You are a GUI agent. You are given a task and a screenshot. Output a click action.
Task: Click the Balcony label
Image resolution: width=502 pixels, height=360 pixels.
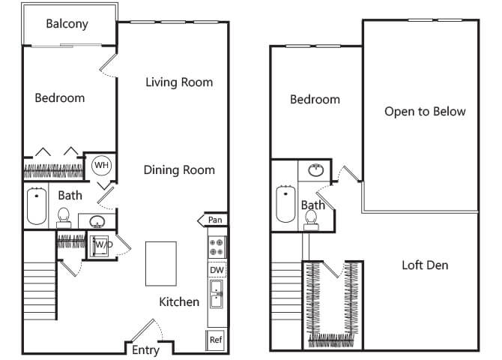point(67,24)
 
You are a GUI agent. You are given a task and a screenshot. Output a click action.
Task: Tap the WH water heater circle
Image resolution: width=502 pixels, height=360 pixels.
point(101,166)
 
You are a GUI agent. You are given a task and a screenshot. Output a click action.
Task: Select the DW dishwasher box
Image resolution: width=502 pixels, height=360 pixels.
point(217,270)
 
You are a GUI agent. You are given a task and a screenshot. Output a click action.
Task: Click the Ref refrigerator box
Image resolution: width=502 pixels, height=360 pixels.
point(216,340)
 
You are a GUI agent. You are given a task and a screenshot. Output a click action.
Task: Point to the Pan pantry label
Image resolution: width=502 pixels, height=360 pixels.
point(215,220)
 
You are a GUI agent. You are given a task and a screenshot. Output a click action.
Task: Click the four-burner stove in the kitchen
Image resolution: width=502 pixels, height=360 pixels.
point(217,247)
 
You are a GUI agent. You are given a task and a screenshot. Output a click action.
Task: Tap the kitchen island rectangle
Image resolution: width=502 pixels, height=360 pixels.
point(161,263)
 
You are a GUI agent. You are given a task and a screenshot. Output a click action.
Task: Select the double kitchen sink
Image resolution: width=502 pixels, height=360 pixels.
point(217,294)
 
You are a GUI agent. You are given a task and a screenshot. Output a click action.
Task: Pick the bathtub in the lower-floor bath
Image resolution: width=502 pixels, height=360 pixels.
point(37,205)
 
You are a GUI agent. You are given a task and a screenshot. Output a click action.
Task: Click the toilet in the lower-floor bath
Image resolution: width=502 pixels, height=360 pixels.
point(64,217)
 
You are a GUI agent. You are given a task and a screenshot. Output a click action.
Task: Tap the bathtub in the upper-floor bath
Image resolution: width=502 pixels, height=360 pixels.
point(285,203)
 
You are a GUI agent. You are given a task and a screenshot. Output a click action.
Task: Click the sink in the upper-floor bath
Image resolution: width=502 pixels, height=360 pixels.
point(316,170)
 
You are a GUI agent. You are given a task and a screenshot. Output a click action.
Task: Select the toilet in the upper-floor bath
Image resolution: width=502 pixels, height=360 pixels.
point(311,220)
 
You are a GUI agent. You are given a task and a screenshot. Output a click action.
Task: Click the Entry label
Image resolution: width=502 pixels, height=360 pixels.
point(145,350)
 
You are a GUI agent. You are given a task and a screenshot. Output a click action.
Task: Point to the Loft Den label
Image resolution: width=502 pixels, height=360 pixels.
point(425,265)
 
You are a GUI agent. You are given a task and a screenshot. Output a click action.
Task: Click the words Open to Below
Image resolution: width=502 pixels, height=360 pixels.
point(425,112)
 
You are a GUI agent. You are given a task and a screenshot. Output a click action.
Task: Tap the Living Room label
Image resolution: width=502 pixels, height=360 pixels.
point(179,82)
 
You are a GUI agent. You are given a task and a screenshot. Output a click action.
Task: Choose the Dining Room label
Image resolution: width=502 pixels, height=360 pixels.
point(179,170)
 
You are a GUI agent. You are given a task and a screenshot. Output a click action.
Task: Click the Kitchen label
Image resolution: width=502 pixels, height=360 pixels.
point(179,301)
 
